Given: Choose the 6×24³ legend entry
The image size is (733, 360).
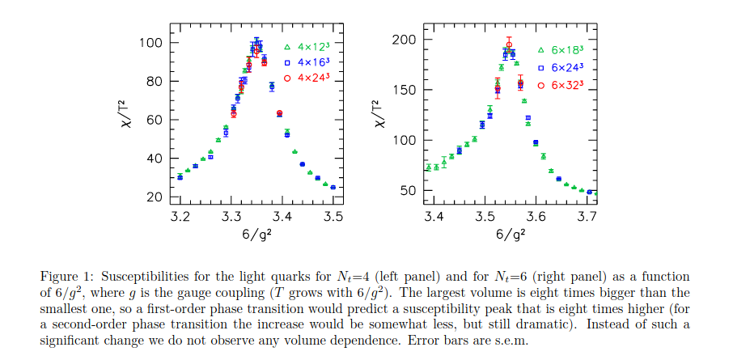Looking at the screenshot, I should coord(567,67).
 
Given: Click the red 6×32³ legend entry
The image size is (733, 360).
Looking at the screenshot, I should coord(567,84).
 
